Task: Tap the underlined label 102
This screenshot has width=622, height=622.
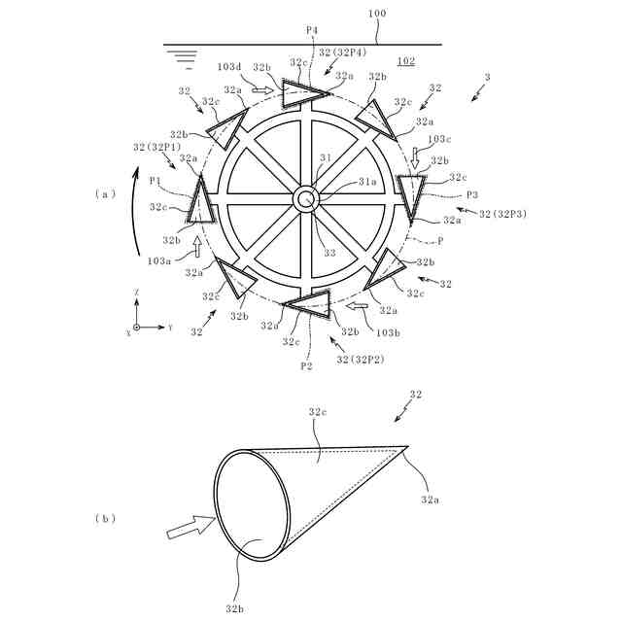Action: [x=405, y=62]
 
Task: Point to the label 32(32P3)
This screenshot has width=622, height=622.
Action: [x=496, y=213]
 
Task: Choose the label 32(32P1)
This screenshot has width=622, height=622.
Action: [x=155, y=147]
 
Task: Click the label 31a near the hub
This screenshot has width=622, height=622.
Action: [x=340, y=181]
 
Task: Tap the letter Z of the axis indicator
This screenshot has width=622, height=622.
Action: [x=137, y=292]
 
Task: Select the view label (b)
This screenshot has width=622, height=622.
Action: [x=105, y=518]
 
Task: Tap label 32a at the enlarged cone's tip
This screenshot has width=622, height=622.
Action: [x=430, y=500]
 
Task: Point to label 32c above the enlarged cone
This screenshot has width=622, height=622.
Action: [x=317, y=412]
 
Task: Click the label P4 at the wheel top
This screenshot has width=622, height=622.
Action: [x=312, y=30]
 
